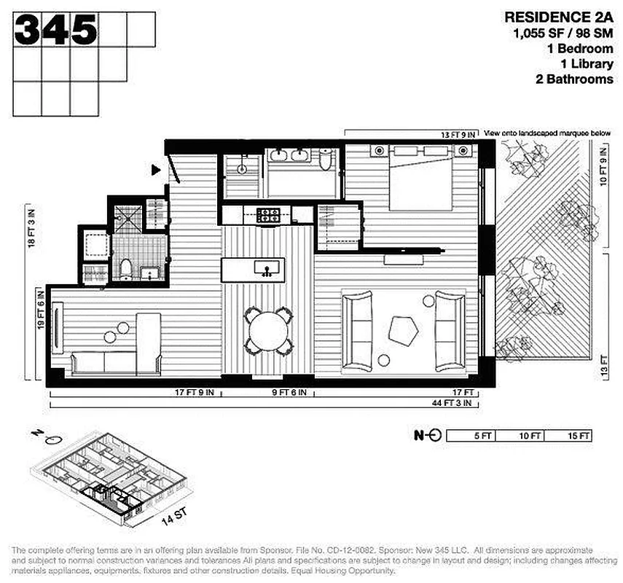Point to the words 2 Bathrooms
click(571, 79)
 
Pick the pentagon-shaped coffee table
click(405, 329)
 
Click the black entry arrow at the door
click(155, 171)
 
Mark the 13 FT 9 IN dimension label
click(458, 135)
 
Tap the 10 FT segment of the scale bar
click(530, 436)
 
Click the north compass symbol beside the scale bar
click(428, 436)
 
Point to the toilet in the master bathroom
click(325, 160)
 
